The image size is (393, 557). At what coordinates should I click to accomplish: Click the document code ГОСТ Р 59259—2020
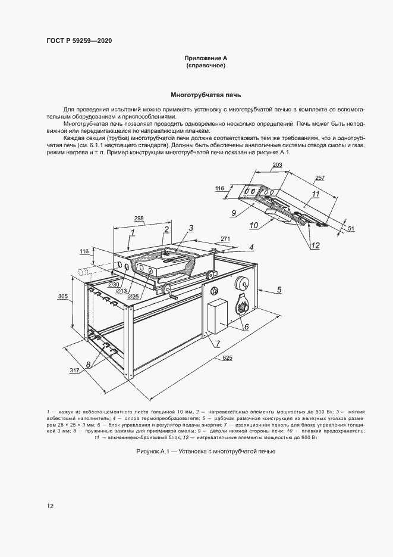[x=79, y=41]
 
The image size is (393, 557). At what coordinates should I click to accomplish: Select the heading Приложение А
[x=206, y=58]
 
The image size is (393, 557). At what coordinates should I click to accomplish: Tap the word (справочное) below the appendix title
[x=206, y=66]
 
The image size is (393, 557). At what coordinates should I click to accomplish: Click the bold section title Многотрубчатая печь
[x=206, y=95]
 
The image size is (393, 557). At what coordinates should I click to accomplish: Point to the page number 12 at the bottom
[x=51, y=506]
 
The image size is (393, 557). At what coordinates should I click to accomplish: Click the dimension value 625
[x=227, y=358]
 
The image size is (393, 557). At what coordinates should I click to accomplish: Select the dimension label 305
[x=63, y=296]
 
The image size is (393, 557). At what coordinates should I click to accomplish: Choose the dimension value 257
[x=336, y=178]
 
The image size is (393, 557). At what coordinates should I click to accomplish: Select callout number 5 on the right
[x=278, y=290]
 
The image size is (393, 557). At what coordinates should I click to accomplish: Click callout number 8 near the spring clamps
[x=88, y=365]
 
